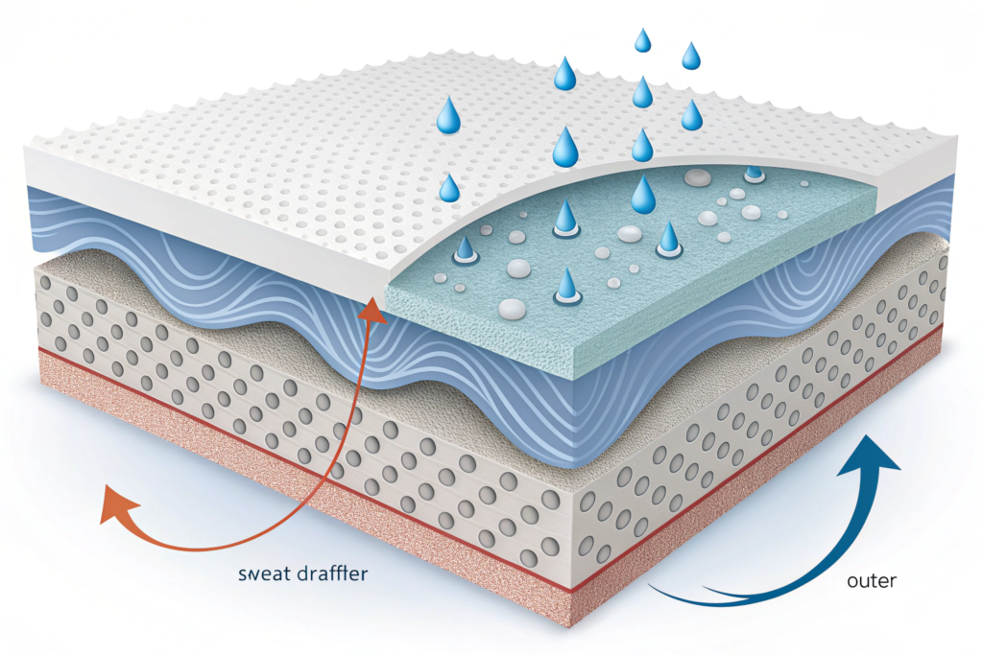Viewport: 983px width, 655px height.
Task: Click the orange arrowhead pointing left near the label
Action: (114, 504)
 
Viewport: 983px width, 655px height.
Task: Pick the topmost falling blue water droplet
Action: (642, 40)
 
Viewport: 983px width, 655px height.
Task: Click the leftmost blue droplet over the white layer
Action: (448, 188)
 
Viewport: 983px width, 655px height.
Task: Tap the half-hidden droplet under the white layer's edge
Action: (755, 174)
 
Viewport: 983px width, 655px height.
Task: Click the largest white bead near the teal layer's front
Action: (513, 308)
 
